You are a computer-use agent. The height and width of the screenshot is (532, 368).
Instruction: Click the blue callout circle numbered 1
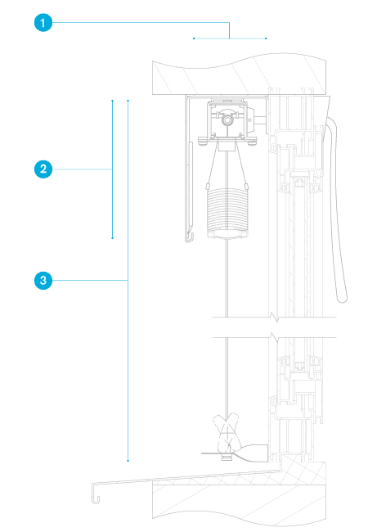[43, 23]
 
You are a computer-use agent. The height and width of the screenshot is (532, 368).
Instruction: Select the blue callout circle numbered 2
[43, 169]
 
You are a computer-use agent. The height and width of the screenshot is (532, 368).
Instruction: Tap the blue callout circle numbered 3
[43, 281]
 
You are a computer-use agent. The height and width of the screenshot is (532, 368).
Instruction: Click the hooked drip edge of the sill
[95, 494]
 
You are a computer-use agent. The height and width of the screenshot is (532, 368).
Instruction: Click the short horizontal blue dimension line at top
[230, 38]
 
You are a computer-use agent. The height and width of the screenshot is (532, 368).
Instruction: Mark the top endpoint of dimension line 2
[113, 101]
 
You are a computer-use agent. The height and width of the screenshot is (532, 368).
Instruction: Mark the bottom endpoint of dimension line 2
[113, 238]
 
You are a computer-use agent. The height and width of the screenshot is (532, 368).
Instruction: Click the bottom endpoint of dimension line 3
[128, 461]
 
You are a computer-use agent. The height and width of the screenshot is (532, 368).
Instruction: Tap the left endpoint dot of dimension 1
[194, 38]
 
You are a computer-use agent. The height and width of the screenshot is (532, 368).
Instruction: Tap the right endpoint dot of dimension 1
[266, 38]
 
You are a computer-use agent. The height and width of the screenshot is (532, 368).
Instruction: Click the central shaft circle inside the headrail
[227, 119]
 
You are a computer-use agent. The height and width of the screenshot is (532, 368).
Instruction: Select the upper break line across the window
[275, 318]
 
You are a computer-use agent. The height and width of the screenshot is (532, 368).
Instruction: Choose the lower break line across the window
[275, 337]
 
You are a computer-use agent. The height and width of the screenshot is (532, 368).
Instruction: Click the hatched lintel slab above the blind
[240, 74]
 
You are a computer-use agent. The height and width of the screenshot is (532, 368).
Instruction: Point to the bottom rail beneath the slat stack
[227, 234]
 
